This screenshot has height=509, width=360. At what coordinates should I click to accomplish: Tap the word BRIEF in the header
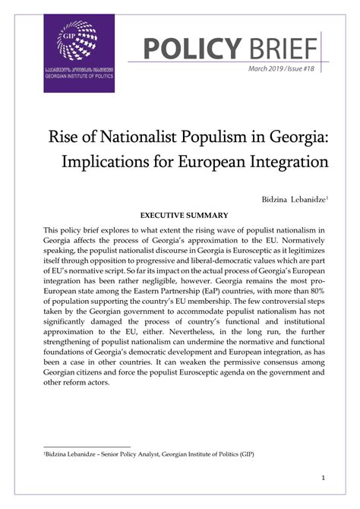[x=281, y=49]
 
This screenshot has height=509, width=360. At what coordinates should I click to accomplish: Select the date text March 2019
[x=269, y=69]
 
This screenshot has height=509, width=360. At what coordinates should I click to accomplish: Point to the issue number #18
[x=309, y=69]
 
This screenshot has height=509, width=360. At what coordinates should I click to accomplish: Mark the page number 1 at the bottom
[x=323, y=478]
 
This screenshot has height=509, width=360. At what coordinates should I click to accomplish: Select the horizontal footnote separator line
[x=87, y=447]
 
